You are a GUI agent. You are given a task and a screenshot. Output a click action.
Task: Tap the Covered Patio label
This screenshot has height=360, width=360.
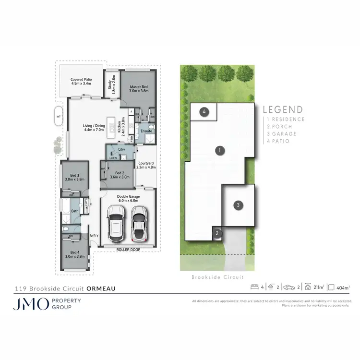click(81, 81)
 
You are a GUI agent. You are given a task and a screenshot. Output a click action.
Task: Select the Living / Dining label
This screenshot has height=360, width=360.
click(94, 127)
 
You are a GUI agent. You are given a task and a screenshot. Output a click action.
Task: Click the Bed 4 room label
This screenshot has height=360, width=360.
click(74, 254)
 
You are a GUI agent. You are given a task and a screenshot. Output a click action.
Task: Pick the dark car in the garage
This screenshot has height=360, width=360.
click(116, 223)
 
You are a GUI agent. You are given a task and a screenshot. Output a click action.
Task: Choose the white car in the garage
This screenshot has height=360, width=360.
click(138, 223)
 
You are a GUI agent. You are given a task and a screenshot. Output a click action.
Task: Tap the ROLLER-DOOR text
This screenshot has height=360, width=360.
click(127, 250)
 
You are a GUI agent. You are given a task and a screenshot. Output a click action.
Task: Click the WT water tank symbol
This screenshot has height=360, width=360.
click(59, 117)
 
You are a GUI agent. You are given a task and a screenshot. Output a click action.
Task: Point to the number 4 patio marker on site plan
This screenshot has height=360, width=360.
click(204, 112)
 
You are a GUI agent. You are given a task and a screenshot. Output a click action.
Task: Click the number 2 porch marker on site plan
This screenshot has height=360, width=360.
click(217, 234)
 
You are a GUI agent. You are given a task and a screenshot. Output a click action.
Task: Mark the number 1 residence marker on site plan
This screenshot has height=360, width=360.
click(219, 151)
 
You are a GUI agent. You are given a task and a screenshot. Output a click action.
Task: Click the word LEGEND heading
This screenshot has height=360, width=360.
click(283, 110)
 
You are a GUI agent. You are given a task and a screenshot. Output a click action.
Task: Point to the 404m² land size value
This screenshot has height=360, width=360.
click(343, 288)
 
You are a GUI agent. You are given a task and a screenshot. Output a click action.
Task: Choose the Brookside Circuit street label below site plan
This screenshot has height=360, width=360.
click(217, 277)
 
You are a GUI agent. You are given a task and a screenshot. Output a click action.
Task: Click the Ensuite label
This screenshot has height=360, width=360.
click(146, 131)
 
